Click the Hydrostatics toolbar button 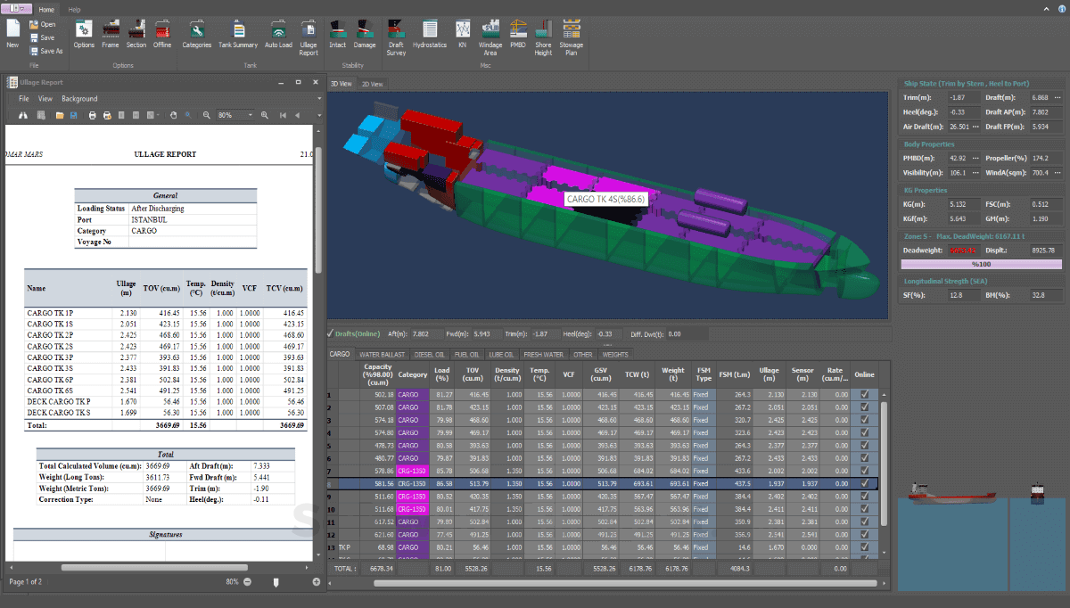tap(430, 35)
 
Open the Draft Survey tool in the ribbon tap(396, 35)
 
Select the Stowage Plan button tap(571, 35)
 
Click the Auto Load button tap(278, 35)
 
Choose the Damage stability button tap(365, 35)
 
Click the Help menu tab tap(74, 9)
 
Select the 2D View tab tap(371, 84)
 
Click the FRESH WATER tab tap(545, 354)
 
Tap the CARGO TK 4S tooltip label tap(605, 199)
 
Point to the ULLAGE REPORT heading tap(165, 154)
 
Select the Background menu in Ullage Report tap(79, 99)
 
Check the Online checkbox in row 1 tap(864, 394)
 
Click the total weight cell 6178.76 tap(672, 567)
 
